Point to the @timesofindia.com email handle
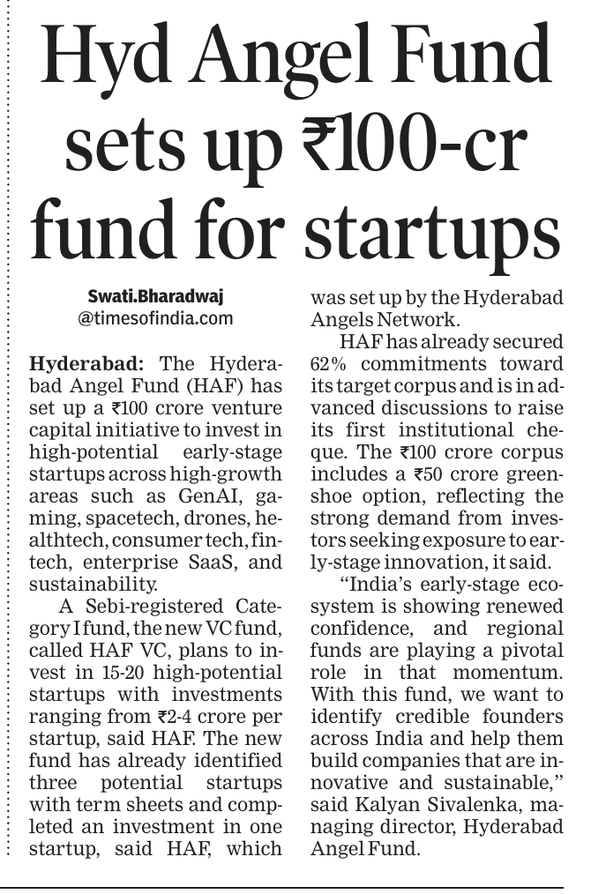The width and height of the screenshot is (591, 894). click(x=155, y=317)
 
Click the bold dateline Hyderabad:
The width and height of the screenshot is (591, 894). click(x=80, y=362)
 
